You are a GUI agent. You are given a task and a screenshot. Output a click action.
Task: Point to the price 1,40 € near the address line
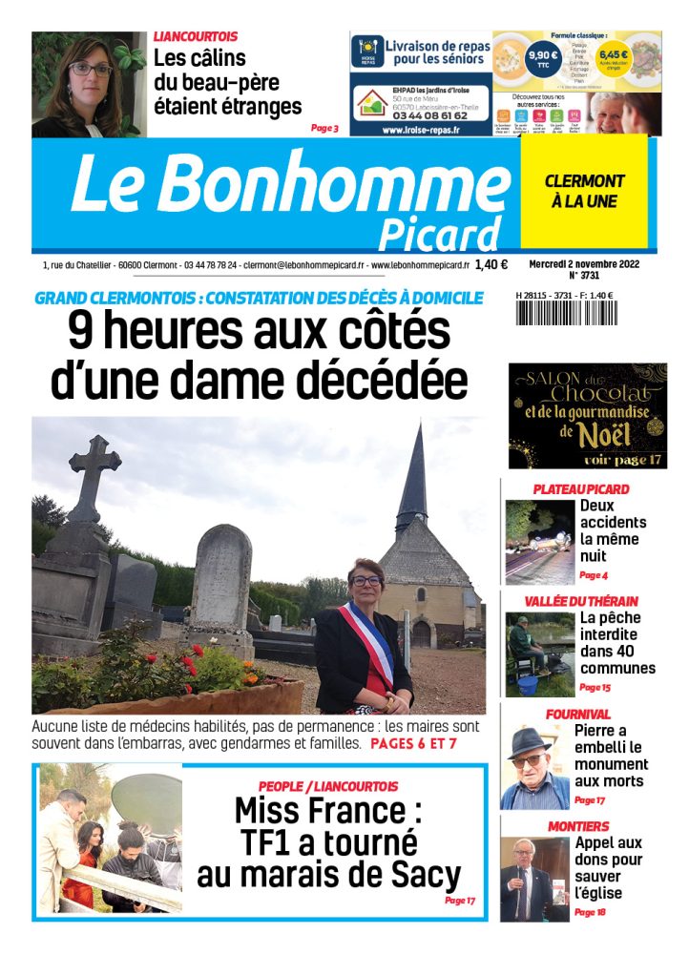pos(491,264)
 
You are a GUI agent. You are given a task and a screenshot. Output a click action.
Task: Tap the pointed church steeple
pos(413,477)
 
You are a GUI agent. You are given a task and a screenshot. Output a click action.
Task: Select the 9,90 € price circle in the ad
pos(544,56)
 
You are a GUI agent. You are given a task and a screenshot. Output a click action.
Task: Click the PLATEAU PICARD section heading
pos(580,489)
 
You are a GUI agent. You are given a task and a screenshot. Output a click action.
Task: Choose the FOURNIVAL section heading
pos(578,715)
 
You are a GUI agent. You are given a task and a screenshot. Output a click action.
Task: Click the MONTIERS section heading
pos(578,826)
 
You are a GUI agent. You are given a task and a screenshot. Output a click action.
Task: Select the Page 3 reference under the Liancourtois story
pos(324,128)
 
